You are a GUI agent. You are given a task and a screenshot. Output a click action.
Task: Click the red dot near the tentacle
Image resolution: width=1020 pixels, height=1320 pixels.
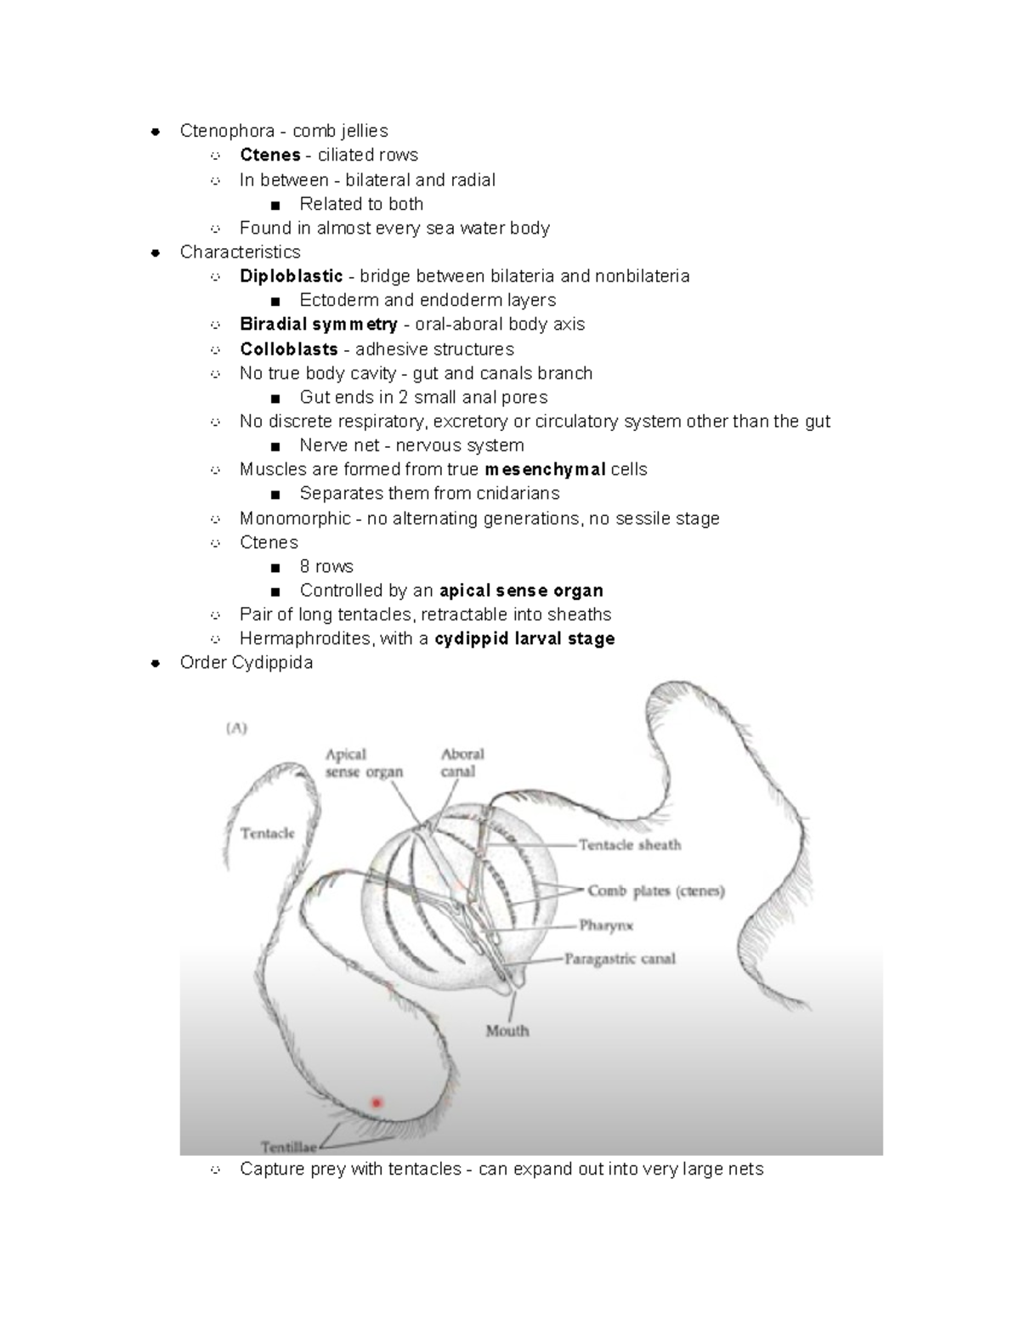(x=376, y=1102)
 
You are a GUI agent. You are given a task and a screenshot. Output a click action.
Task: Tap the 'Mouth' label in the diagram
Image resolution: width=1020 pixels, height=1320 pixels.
(x=507, y=1031)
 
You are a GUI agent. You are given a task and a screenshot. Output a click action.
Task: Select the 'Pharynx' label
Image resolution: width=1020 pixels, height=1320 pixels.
(x=606, y=925)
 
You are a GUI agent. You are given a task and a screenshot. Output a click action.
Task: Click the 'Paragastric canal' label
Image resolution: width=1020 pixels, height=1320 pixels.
(x=620, y=959)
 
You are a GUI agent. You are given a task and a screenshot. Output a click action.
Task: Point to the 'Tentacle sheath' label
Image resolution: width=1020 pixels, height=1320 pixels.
(x=630, y=845)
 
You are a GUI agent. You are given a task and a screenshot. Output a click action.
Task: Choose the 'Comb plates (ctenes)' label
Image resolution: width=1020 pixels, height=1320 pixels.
(x=656, y=891)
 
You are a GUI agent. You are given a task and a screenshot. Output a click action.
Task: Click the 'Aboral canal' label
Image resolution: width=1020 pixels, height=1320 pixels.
(x=462, y=762)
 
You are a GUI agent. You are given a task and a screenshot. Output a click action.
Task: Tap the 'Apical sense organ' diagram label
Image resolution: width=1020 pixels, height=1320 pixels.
(x=364, y=762)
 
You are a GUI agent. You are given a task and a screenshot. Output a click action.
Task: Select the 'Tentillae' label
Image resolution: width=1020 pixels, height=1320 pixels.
(x=289, y=1147)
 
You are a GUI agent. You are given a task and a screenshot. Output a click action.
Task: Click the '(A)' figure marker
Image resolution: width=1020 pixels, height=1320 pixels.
(x=236, y=728)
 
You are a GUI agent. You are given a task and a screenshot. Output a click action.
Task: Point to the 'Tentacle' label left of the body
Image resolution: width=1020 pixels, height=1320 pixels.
(x=267, y=833)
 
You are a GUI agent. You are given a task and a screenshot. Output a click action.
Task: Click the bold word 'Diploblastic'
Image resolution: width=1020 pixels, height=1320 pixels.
(x=292, y=276)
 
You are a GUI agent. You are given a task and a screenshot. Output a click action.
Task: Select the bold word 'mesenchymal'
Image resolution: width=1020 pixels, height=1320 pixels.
(x=544, y=469)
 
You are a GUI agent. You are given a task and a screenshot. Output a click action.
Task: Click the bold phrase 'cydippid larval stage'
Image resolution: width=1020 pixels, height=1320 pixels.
(x=524, y=638)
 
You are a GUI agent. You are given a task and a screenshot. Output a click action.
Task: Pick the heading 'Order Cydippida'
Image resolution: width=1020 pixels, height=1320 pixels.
(x=246, y=662)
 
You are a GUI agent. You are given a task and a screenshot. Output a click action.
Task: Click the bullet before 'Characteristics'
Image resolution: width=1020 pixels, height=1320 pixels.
(x=155, y=252)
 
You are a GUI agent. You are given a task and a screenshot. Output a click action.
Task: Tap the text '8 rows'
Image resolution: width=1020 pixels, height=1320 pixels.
(x=326, y=566)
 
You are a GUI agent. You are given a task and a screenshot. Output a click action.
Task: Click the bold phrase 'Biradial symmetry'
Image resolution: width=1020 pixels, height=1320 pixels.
(x=319, y=324)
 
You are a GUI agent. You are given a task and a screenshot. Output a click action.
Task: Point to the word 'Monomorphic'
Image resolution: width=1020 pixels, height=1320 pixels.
(x=295, y=518)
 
